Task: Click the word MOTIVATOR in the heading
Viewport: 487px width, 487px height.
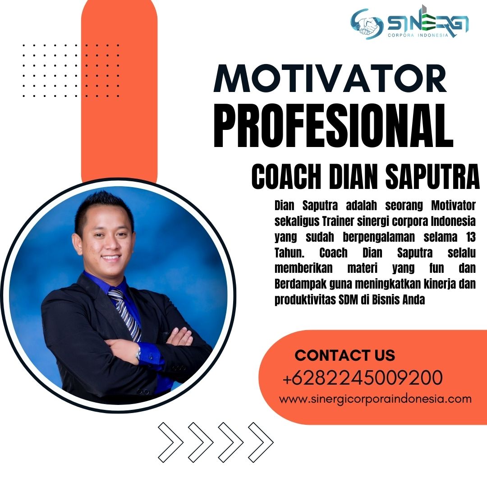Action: [x=330, y=78]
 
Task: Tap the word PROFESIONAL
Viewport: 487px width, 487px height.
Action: [x=333, y=125]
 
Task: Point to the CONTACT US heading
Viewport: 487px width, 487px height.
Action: [x=345, y=355]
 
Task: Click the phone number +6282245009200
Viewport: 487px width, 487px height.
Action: [x=363, y=377]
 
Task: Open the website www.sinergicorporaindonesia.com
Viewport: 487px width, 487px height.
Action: [x=375, y=399]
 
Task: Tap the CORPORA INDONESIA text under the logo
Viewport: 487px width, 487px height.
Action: [x=418, y=35]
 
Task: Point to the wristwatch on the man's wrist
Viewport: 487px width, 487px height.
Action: [x=138, y=353]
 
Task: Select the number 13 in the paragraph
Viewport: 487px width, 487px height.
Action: [x=471, y=237]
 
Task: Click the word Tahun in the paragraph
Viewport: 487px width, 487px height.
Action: [x=289, y=253]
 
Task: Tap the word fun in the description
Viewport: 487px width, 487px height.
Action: [x=436, y=268]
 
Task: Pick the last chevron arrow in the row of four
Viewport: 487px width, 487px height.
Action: [x=261, y=442]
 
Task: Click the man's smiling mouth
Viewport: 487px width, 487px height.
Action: [x=111, y=257]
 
